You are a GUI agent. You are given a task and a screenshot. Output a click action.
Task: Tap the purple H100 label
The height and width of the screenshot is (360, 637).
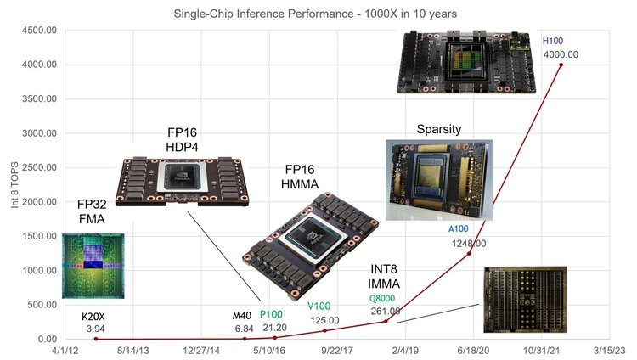click(553, 41)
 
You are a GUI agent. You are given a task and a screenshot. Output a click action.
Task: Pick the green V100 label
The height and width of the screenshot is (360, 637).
click(318, 307)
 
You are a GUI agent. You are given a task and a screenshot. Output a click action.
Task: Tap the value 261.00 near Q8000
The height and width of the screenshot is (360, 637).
click(387, 311)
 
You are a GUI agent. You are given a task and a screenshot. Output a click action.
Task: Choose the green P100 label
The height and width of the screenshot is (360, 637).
click(271, 314)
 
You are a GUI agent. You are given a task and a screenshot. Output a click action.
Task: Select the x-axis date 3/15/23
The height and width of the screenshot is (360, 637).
click(608, 350)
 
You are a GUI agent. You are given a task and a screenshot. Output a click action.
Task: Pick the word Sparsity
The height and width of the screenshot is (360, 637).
click(439, 129)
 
